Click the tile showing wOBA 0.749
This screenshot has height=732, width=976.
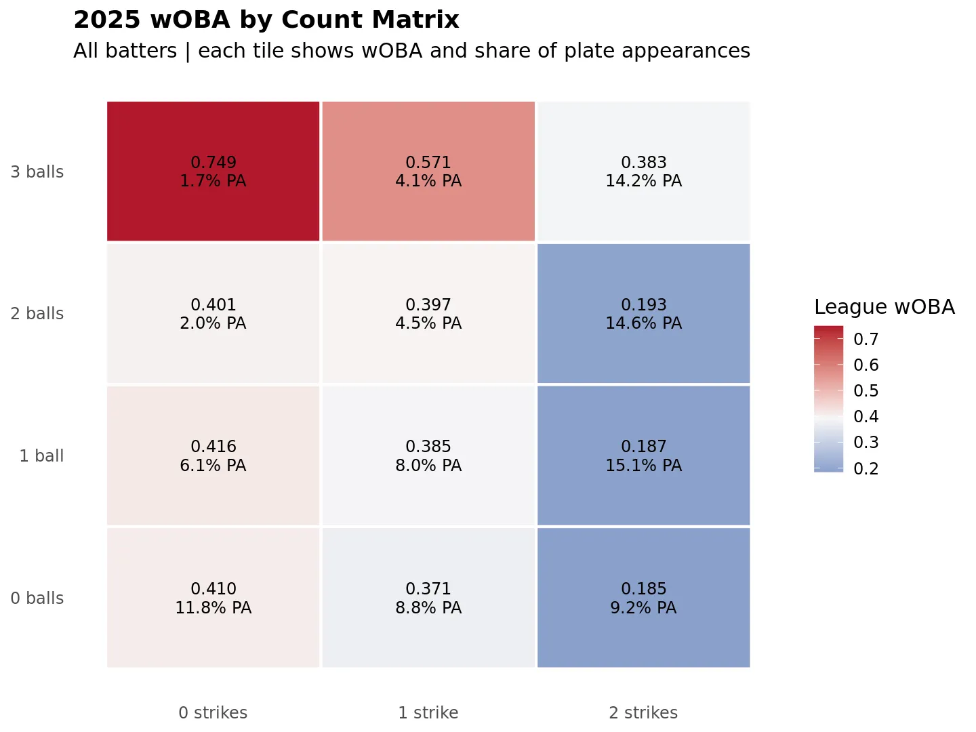pos(213,171)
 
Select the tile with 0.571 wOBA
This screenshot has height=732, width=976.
pos(428,171)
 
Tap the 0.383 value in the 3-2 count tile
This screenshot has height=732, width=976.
pos(644,163)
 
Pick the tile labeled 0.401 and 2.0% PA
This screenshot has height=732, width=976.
pos(213,314)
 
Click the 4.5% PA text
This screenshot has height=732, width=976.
pos(428,323)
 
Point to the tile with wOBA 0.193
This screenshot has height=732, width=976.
pos(644,314)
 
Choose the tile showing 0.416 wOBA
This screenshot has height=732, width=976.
pos(213,455)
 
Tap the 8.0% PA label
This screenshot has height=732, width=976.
pos(428,466)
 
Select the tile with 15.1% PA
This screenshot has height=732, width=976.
pos(644,455)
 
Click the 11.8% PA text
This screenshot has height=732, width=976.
pos(213,608)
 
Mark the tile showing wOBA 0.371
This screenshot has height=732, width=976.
pos(428,598)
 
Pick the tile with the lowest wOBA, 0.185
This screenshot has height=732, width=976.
pos(644,598)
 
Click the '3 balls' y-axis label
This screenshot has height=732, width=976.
pos(37,172)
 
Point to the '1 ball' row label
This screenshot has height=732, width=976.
pos(41,456)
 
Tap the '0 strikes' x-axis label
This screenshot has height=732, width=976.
pos(213,713)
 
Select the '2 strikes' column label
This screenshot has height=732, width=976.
pos(643,713)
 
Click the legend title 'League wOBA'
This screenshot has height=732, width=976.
pos(884,307)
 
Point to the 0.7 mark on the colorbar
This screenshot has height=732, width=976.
pos(866,340)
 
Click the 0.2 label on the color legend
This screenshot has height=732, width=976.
pos(866,469)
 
